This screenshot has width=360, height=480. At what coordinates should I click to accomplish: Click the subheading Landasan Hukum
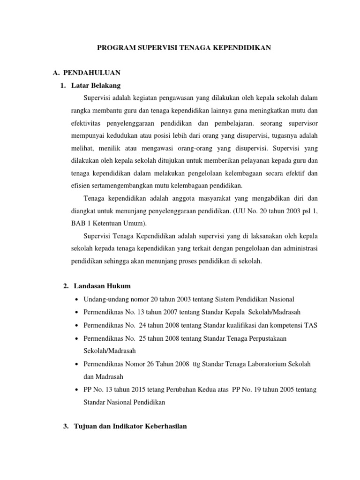tap(101, 286)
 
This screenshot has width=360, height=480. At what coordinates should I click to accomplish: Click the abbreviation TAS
tap(311, 325)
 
